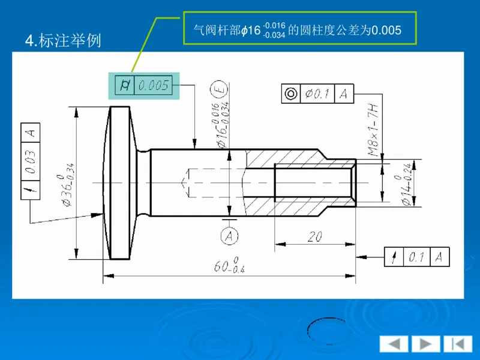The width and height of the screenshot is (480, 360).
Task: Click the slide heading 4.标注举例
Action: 63,41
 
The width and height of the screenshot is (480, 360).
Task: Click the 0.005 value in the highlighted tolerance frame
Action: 154,86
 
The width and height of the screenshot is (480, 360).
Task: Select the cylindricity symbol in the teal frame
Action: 125,86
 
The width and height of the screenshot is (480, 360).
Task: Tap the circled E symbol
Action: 220,91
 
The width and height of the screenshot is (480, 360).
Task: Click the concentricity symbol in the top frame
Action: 291,94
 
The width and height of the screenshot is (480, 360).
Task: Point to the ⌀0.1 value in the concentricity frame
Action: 317,94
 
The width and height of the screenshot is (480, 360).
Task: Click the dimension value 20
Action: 314,237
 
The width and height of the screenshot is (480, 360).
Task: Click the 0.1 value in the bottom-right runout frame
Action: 416,257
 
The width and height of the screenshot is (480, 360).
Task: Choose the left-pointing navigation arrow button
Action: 394,344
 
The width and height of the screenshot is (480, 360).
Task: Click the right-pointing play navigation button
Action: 425,344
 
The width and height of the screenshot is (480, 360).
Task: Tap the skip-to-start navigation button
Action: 457,344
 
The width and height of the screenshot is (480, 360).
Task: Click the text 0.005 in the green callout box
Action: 386,30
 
